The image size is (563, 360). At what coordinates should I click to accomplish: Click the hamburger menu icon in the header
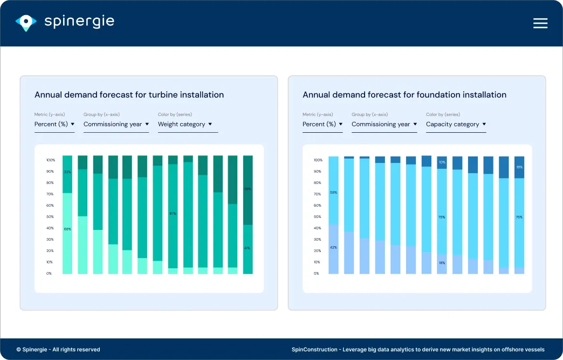tap(540, 23)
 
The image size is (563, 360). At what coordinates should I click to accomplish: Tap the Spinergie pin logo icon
tap(26, 22)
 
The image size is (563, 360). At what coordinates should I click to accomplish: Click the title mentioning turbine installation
tap(129, 94)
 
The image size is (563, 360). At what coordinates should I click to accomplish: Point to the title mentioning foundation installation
tap(404, 94)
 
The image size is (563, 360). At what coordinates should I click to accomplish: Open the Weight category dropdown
tap(185, 124)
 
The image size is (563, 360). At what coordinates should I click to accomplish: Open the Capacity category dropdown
tap(456, 124)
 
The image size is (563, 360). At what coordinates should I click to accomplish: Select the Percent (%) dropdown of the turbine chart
tap(54, 124)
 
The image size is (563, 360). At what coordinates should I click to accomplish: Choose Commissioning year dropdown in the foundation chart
tap(384, 124)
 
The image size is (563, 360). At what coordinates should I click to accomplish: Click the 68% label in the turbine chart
tap(67, 229)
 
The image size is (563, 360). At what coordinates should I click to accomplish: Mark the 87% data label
tap(173, 214)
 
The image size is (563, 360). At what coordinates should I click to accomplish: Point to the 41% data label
tap(248, 248)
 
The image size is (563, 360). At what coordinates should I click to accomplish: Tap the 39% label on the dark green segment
tap(248, 189)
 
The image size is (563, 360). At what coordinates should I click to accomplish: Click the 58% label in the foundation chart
tap(333, 192)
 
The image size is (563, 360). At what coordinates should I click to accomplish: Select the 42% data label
tap(333, 247)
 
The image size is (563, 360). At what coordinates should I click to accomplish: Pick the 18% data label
tap(442, 263)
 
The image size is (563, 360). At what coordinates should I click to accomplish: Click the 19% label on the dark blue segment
tap(519, 167)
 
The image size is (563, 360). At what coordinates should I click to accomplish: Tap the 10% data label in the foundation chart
tap(442, 162)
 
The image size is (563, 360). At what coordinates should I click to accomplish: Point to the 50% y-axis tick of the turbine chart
tap(50, 217)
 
